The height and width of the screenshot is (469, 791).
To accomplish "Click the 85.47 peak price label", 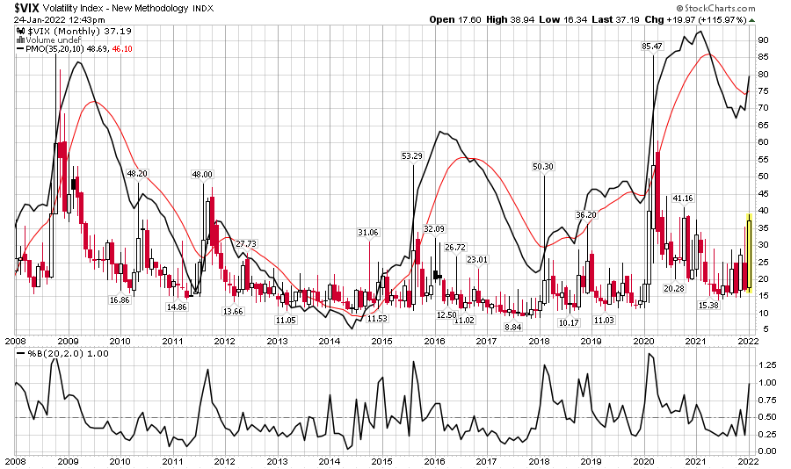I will pos(652,46).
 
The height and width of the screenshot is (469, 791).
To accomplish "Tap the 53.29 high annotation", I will pos(412,155).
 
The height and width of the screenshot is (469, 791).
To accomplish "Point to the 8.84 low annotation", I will pos(513,326).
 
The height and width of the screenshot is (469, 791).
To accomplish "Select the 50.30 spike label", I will pos(543,166).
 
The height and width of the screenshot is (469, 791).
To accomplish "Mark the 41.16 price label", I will pos(683,198).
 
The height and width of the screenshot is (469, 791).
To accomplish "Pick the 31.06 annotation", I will pos(368,232).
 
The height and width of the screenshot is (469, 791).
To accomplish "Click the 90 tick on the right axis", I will pos(765,40).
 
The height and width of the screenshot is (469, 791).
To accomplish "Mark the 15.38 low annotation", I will pos(708,305).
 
